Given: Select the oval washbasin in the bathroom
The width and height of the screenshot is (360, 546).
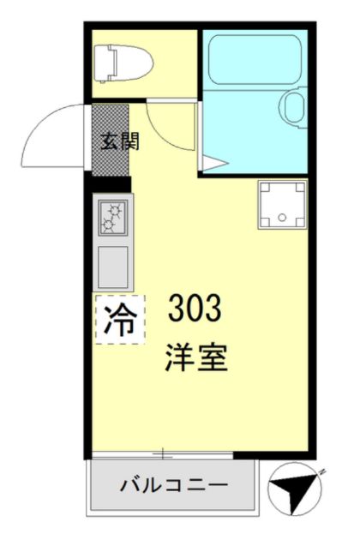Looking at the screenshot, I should coord(294,108).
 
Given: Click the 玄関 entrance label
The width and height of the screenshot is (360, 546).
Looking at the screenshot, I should coord(111,141).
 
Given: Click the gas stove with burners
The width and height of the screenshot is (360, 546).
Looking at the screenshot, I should coord(113,218).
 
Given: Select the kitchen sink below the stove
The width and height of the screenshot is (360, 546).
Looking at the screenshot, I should coord(113,266).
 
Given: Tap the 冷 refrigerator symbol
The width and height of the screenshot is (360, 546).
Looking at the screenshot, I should coord(118,319).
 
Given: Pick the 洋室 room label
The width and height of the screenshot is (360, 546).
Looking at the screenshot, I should coord(196,358).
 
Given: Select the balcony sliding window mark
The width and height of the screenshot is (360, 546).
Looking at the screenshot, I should coord(163,453).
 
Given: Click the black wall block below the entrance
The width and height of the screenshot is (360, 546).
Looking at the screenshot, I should coord(110,183).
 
